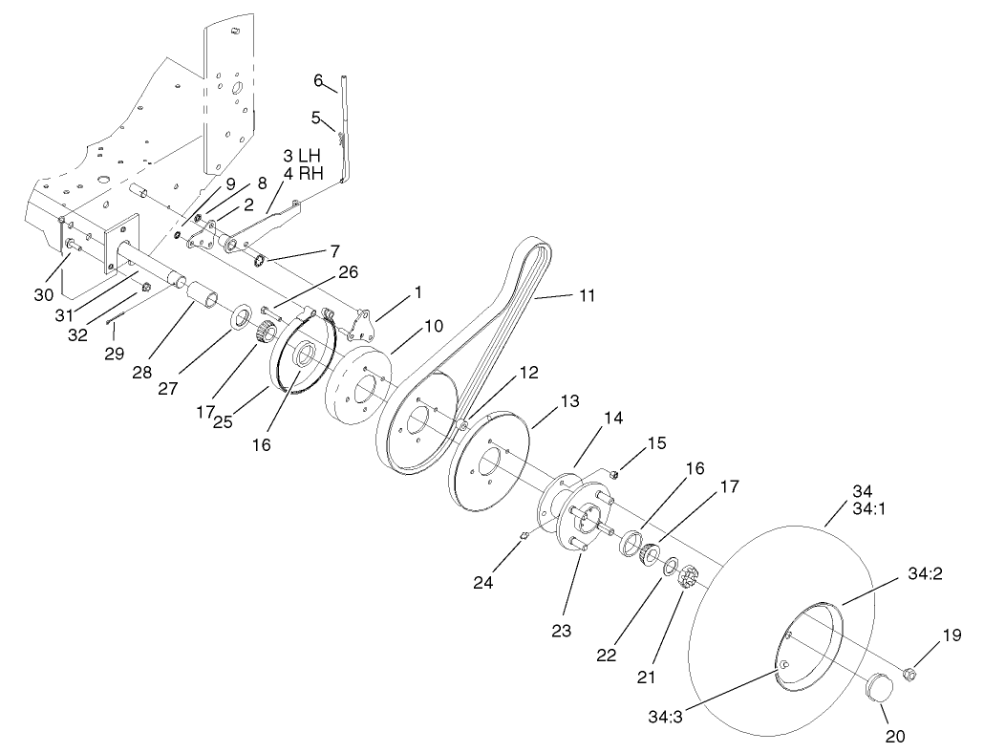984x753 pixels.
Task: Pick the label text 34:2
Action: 923,574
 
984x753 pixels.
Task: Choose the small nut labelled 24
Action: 524,544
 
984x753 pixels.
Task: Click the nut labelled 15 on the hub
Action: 615,472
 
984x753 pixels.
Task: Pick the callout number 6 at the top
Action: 318,80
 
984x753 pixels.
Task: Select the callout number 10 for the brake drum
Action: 434,326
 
